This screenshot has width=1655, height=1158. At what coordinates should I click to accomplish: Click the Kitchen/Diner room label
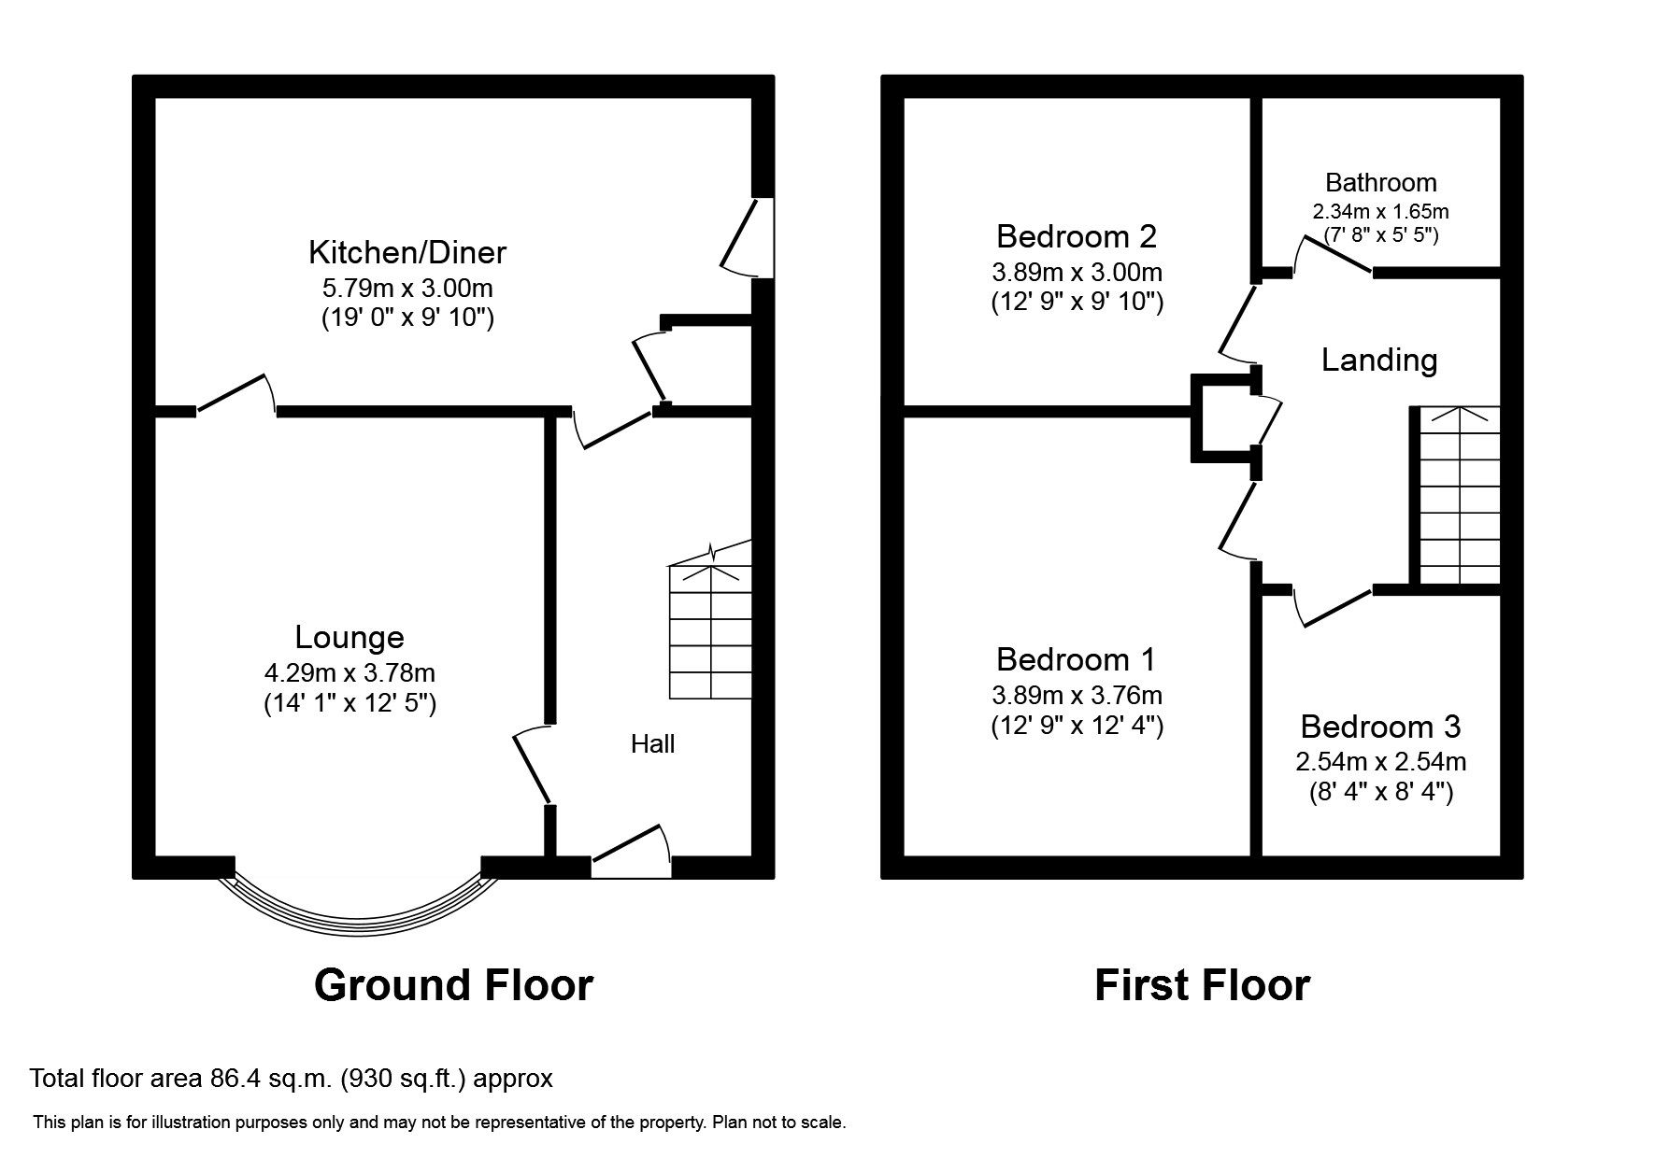pyautogui.click(x=407, y=252)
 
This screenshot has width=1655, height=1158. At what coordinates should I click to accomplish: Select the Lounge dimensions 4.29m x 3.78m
pyautogui.click(x=350, y=672)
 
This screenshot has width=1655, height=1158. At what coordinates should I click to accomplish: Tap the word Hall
pyautogui.click(x=652, y=744)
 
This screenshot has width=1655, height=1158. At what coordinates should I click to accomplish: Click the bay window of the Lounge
pyautogui.click(x=357, y=909)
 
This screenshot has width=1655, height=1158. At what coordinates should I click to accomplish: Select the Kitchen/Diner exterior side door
pyautogui.click(x=749, y=237)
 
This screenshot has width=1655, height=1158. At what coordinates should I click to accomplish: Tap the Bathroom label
pyautogui.click(x=1380, y=182)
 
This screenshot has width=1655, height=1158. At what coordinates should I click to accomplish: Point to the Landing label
pyautogui.click(x=1378, y=360)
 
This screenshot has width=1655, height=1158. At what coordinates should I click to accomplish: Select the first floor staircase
pyautogui.click(x=1459, y=496)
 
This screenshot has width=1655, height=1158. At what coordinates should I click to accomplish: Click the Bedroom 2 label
pyautogui.click(x=1077, y=236)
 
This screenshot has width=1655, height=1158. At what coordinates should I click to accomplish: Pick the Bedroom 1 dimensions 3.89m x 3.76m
pyautogui.click(x=1077, y=696)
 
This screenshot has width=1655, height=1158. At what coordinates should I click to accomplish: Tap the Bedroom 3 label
pyautogui.click(x=1379, y=727)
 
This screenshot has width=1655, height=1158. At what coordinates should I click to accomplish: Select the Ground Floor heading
pyautogui.click(x=453, y=985)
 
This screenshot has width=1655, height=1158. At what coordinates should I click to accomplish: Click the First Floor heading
pyautogui.click(x=1202, y=985)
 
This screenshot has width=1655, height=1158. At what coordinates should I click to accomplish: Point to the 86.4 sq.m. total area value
pyautogui.click(x=269, y=1079)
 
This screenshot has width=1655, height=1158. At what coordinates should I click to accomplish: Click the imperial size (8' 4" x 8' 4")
pyautogui.click(x=1380, y=793)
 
